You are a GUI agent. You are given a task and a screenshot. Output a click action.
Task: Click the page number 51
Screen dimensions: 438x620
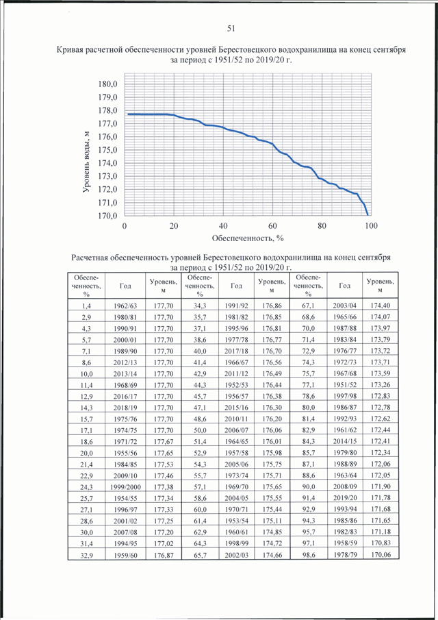pos(231,29)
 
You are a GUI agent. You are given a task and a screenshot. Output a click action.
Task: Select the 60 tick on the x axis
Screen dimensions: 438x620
pos(272,226)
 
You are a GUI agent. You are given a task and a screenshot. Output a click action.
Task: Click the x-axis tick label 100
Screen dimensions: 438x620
pos(371,226)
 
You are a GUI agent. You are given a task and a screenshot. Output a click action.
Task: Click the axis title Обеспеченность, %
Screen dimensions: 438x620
pos(248,238)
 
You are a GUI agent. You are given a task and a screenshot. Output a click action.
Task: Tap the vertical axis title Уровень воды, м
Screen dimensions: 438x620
pos(86,162)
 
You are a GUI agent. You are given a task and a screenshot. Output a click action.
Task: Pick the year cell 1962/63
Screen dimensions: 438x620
pos(125,306)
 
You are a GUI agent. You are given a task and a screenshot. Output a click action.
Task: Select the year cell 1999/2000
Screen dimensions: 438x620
pos(125,487)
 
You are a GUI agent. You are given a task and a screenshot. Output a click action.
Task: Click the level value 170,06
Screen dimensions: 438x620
pos(381,554)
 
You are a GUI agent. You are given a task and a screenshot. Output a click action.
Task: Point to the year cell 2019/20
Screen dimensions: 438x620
pos(345,498)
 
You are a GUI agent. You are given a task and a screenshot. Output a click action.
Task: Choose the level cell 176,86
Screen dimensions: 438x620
pos(272,306)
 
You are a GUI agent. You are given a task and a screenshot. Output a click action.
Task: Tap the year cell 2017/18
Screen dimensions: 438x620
pos(237,351)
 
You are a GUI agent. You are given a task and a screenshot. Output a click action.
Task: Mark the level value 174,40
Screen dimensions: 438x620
pos(381,305)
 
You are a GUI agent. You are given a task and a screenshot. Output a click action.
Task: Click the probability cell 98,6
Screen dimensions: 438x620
pos(309,555)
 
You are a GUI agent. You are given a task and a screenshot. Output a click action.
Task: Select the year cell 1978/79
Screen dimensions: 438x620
pos(345,554)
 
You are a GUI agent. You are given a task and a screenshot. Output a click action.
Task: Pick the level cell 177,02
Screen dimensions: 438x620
pos(164,544)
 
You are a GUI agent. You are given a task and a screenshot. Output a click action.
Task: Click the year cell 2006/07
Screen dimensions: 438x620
pos(237,430)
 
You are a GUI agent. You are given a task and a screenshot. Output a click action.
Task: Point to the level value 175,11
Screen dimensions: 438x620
pos(272,521)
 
